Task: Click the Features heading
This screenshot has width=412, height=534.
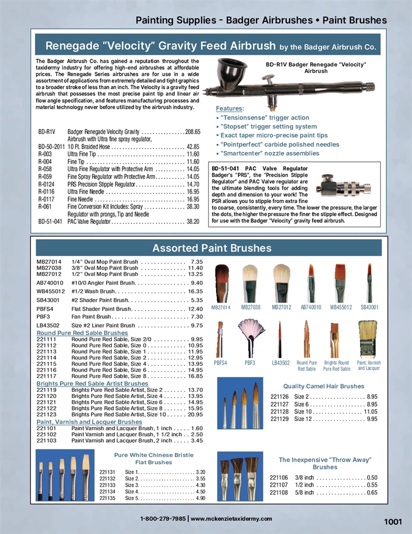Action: [x=229, y=109]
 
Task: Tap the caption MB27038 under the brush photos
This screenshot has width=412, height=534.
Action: [x=251, y=308]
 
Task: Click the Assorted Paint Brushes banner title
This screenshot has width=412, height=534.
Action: [x=211, y=248]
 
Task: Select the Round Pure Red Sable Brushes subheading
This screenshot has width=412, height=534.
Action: [x=82, y=333]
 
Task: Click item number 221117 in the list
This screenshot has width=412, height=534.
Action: [x=47, y=376]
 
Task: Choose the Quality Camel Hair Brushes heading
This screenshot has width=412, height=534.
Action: [x=324, y=386]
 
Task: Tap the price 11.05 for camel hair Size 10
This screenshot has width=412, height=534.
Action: [x=371, y=412]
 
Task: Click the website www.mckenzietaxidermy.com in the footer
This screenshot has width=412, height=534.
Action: [x=231, y=519]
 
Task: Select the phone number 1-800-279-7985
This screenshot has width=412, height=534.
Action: [x=163, y=519]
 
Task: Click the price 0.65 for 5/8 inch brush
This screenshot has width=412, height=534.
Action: [x=372, y=493]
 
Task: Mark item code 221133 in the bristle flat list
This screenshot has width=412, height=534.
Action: [x=107, y=485]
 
